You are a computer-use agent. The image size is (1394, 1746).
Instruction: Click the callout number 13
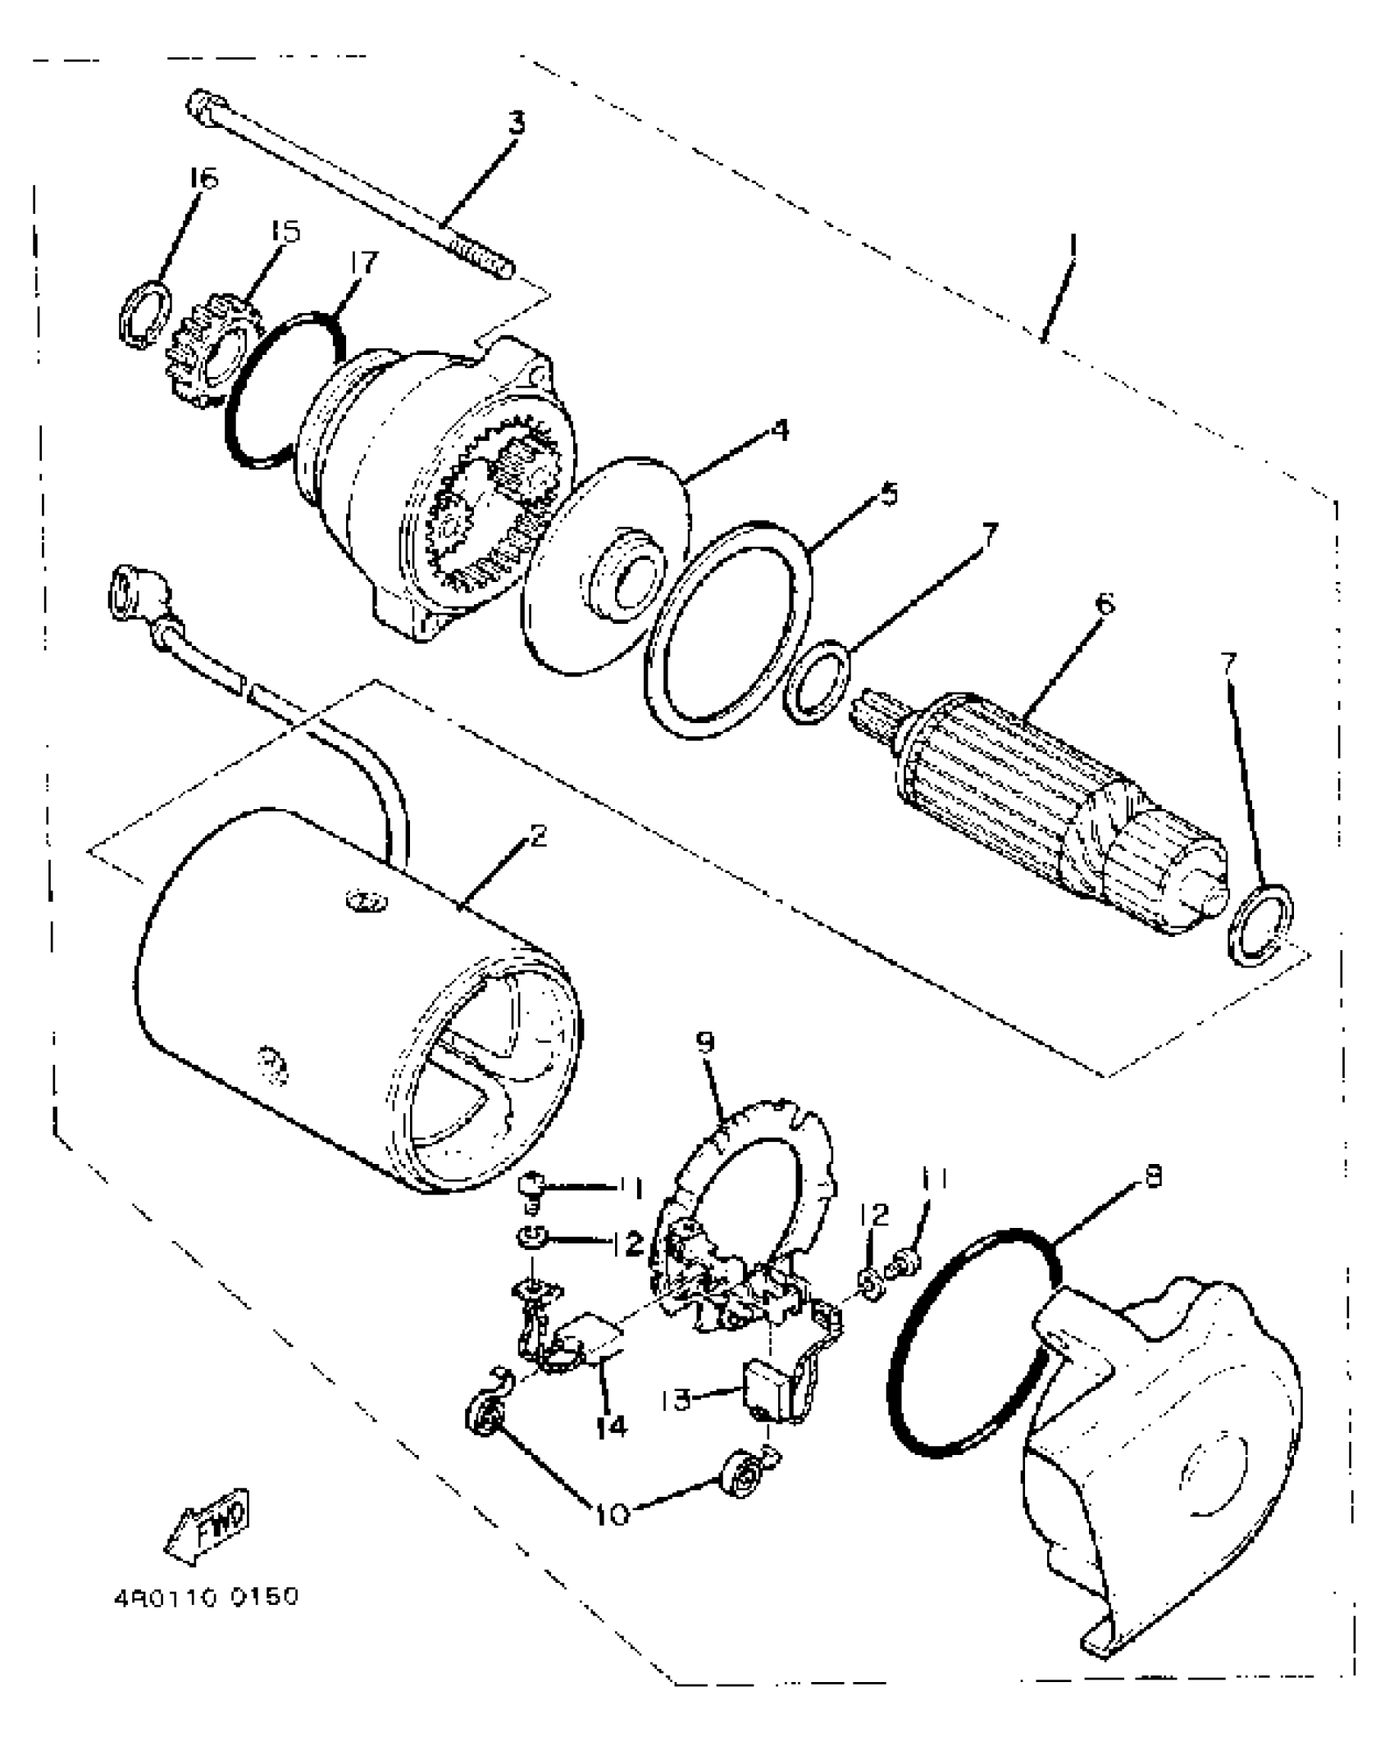(678, 1400)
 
